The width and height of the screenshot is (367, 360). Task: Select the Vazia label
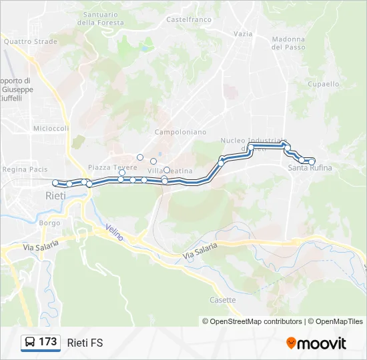[x=244, y=33]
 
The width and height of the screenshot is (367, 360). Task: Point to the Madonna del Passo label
[x=288, y=43]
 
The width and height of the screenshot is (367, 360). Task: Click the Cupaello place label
[x=324, y=84]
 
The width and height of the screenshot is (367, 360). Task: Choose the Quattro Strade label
[x=30, y=41]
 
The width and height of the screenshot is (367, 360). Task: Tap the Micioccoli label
[x=51, y=128]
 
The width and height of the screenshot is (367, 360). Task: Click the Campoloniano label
[x=180, y=132]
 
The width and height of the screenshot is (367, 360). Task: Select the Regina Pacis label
[x=25, y=169]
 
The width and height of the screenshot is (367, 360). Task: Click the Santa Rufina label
[x=310, y=168]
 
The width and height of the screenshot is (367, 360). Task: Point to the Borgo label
[x=49, y=223]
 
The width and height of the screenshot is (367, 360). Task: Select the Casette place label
[x=222, y=300]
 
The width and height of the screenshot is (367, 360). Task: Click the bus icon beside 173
[x=30, y=343]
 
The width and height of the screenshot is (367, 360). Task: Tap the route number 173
[x=48, y=342]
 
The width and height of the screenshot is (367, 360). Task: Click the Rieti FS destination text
[x=85, y=343]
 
